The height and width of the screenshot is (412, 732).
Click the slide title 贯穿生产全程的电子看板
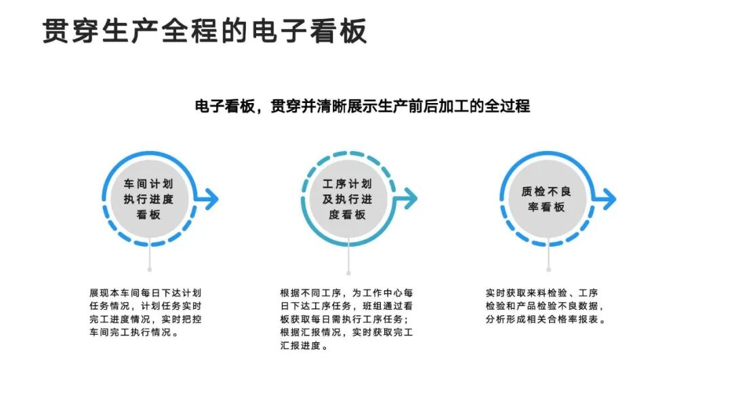pos(205,31)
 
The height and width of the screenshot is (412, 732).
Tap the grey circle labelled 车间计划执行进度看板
pos(148,199)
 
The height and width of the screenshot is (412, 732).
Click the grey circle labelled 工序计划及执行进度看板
pos(348,199)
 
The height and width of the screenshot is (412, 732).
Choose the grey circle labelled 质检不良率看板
pos(546,199)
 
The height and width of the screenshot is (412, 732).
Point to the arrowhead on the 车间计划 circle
pos(212,199)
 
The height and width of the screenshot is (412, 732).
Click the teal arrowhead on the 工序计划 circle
pos(411,199)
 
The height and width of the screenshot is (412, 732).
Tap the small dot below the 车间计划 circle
pos(149,270)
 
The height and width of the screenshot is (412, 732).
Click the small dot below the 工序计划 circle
pos(348,273)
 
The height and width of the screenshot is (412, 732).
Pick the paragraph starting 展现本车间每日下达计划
pos(145,312)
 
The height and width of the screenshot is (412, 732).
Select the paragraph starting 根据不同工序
pos(346,319)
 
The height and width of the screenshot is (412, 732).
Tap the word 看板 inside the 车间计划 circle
pos(148,215)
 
